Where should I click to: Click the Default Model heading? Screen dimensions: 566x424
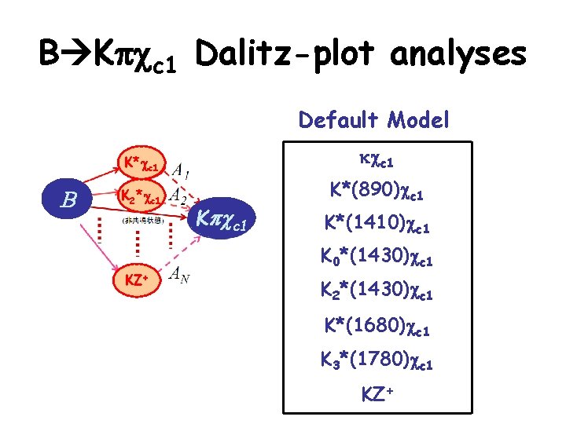point(374,120)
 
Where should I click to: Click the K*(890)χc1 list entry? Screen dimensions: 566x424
point(376,191)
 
